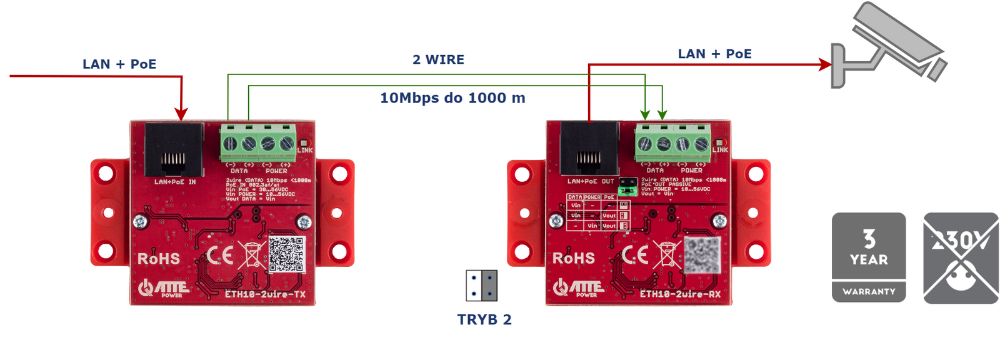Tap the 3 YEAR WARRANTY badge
tap(868, 257)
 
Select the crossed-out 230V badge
tap(961, 257)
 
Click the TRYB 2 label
tap(484, 320)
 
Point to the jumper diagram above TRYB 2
tap(481, 286)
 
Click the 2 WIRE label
tap(438, 60)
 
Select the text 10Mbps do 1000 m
tap(452, 98)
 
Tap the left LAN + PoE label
tap(119, 64)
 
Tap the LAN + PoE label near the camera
tap(714, 54)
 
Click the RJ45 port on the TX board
tap(174, 150)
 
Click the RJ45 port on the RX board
tap(589, 149)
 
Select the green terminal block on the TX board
tap(258, 143)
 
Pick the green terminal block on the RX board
tap(673, 143)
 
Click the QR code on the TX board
tap(286, 254)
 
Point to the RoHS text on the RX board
tap(573, 258)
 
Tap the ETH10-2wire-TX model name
tap(265, 294)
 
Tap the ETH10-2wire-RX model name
tap(680, 294)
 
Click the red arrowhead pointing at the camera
tap(825, 64)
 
